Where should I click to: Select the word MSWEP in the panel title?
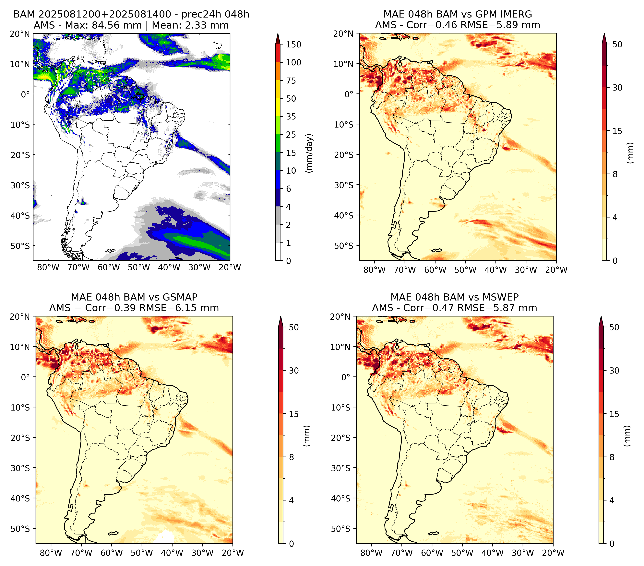coord(501,297)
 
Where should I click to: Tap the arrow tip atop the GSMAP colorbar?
coord(281,316)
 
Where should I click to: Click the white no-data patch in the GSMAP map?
coord(166,536)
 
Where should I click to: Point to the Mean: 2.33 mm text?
coord(190,25)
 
